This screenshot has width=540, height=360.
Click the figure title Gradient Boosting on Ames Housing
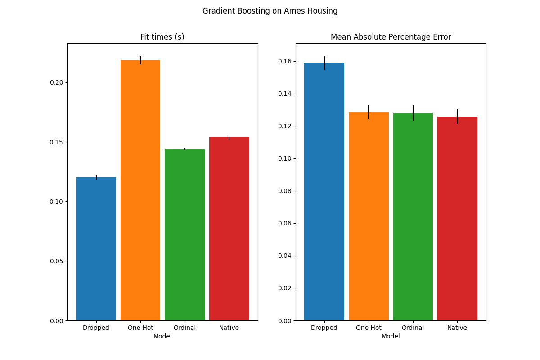(x=270, y=11)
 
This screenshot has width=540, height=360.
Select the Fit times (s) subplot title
(x=162, y=37)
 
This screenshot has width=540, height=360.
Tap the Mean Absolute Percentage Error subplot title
(x=391, y=37)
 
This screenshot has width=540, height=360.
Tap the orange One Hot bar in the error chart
(x=369, y=216)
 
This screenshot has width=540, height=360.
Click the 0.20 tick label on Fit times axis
(x=56, y=83)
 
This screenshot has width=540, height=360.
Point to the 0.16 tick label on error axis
(x=284, y=61)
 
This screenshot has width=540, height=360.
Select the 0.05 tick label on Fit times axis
(x=56, y=261)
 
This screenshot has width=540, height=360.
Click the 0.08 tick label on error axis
(x=284, y=191)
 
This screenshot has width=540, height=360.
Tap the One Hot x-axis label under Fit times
(x=140, y=328)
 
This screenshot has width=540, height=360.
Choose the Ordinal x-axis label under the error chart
(x=413, y=328)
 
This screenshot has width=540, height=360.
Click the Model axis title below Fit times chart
(x=162, y=337)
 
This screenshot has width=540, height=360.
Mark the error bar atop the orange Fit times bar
(x=140, y=60)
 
